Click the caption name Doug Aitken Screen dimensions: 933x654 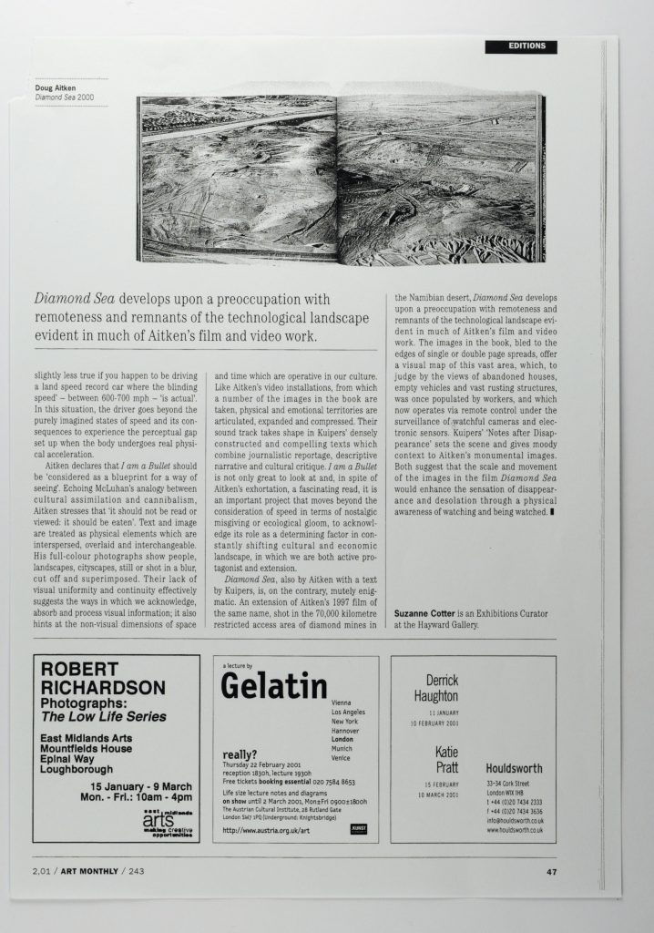click(55, 87)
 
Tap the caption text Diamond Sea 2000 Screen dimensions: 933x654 click(65, 97)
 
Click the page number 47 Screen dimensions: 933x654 click(551, 872)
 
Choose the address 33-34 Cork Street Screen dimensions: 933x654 click(512, 784)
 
